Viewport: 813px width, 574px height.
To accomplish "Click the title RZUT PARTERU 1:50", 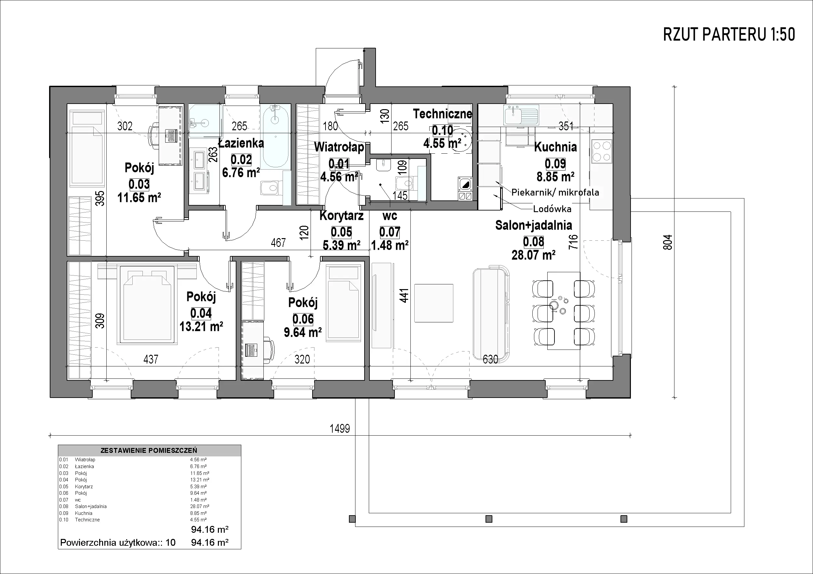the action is [x=729, y=35].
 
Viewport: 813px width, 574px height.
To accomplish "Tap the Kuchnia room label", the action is [x=555, y=147].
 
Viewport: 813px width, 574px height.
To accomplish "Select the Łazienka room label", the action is [x=241, y=143].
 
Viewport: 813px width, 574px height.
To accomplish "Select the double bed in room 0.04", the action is [x=148, y=304].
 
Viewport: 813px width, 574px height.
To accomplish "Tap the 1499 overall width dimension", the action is [x=340, y=429].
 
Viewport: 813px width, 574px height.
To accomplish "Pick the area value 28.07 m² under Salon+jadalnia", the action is [x=533, y=255].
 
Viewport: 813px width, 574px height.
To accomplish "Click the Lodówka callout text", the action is [x=552, y=209].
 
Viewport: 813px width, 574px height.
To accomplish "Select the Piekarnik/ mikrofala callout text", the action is [x=555, y=192].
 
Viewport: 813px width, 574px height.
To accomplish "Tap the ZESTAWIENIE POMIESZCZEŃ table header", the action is [x=149, y=451].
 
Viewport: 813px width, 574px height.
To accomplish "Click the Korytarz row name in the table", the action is [x=84, y=486].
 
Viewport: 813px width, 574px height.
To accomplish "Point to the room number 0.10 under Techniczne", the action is [x=442, y=131].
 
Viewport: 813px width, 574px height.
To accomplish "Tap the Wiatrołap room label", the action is [x=339, y=147].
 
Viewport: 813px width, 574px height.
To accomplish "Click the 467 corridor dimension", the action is [x=278, y=243].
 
